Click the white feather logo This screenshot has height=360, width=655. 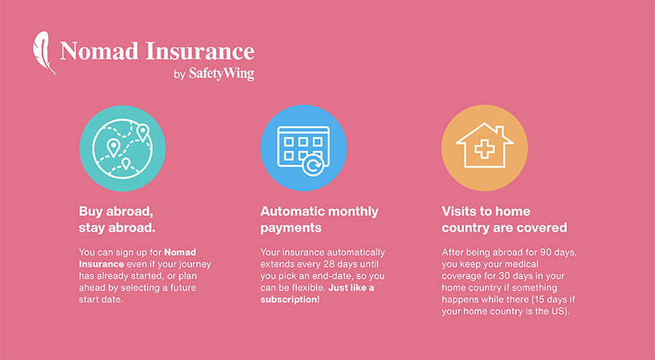(x=44, y=52)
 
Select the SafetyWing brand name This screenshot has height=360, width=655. (x=221, y=73)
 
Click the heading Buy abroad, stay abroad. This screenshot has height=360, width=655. (x=116, y=219)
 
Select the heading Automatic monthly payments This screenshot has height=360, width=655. (x=319, y=219)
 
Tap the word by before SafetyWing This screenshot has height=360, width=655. (x=180, y=75)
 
